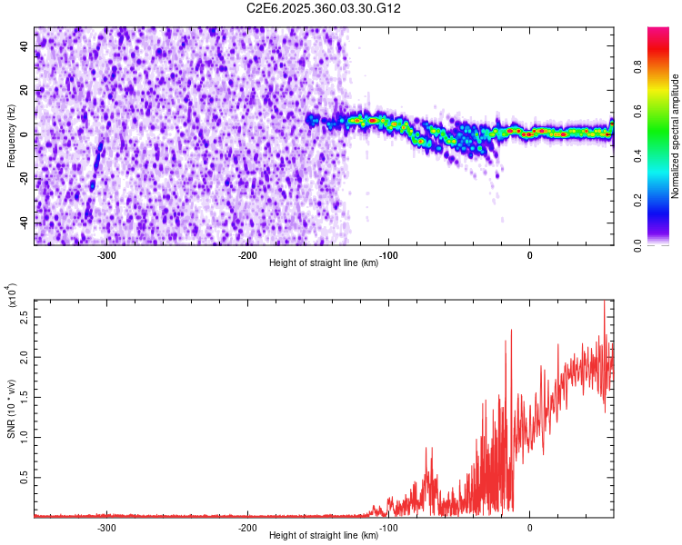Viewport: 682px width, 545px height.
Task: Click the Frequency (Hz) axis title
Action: (11, 136)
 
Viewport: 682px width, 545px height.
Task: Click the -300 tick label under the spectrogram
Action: (106, 253)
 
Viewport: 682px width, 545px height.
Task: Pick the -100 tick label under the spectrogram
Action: (388, 253)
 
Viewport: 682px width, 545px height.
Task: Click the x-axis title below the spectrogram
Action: (324, 263)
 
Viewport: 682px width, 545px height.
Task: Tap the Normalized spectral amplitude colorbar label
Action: (676, 136)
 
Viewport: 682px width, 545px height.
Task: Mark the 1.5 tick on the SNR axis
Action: (24, 398)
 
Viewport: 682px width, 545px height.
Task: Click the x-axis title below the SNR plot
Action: (324, 537)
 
